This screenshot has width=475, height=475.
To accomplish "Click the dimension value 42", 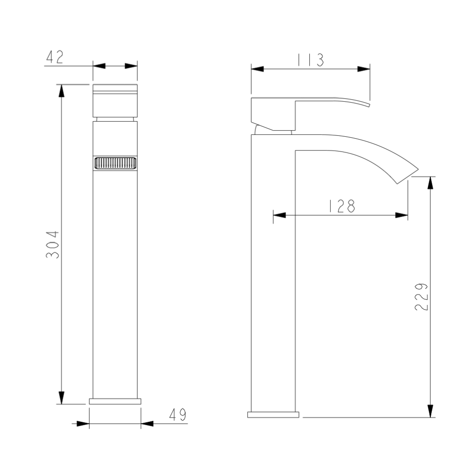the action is [55, 57].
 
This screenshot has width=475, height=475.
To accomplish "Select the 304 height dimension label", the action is [52, 245].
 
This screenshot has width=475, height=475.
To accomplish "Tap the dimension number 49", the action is [178, 415].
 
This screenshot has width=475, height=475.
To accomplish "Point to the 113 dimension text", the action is [311, 60].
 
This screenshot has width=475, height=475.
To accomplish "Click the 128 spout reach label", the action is [342, 206].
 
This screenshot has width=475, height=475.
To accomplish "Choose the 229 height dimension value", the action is [421, 297].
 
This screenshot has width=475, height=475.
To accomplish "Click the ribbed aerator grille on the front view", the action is [115, 163].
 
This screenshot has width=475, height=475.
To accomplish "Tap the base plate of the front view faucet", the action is [115, 401].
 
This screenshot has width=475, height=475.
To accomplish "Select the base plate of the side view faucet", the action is [273, 415].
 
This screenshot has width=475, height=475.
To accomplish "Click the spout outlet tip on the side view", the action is [408, 176].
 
